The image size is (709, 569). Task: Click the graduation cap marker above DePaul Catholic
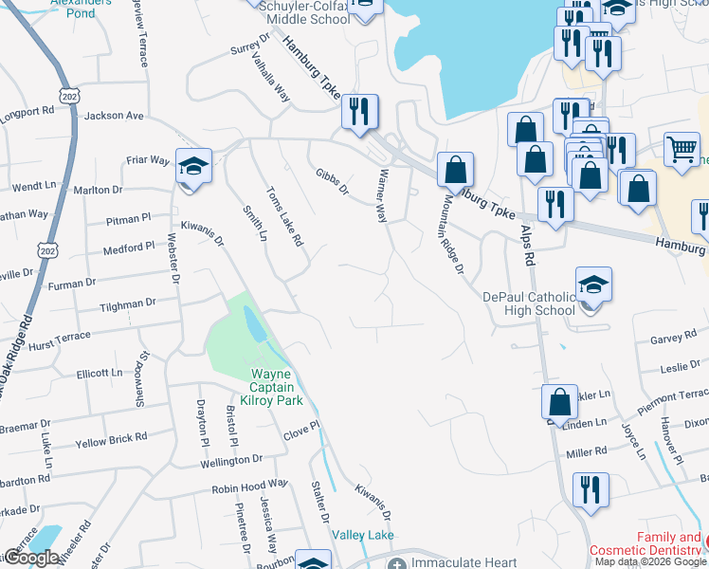[x=593, y=285]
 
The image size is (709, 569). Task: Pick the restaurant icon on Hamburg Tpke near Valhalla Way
[x=359, y=113]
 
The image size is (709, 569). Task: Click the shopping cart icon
[x=682, y=149]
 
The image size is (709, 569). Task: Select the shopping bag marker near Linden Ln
[x=560, y=402]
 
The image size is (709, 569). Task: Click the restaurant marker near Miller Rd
[x=590, y=490]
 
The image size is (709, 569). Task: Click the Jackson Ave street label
[x=114, y=116]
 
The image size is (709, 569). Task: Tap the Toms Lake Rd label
[x=284, y=216]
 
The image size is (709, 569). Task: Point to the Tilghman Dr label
[x=127, y=304]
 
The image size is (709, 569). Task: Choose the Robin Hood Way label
[x=249, y=489]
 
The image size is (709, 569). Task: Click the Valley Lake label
[x=363, y=536]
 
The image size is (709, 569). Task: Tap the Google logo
[x=31, y=558]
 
